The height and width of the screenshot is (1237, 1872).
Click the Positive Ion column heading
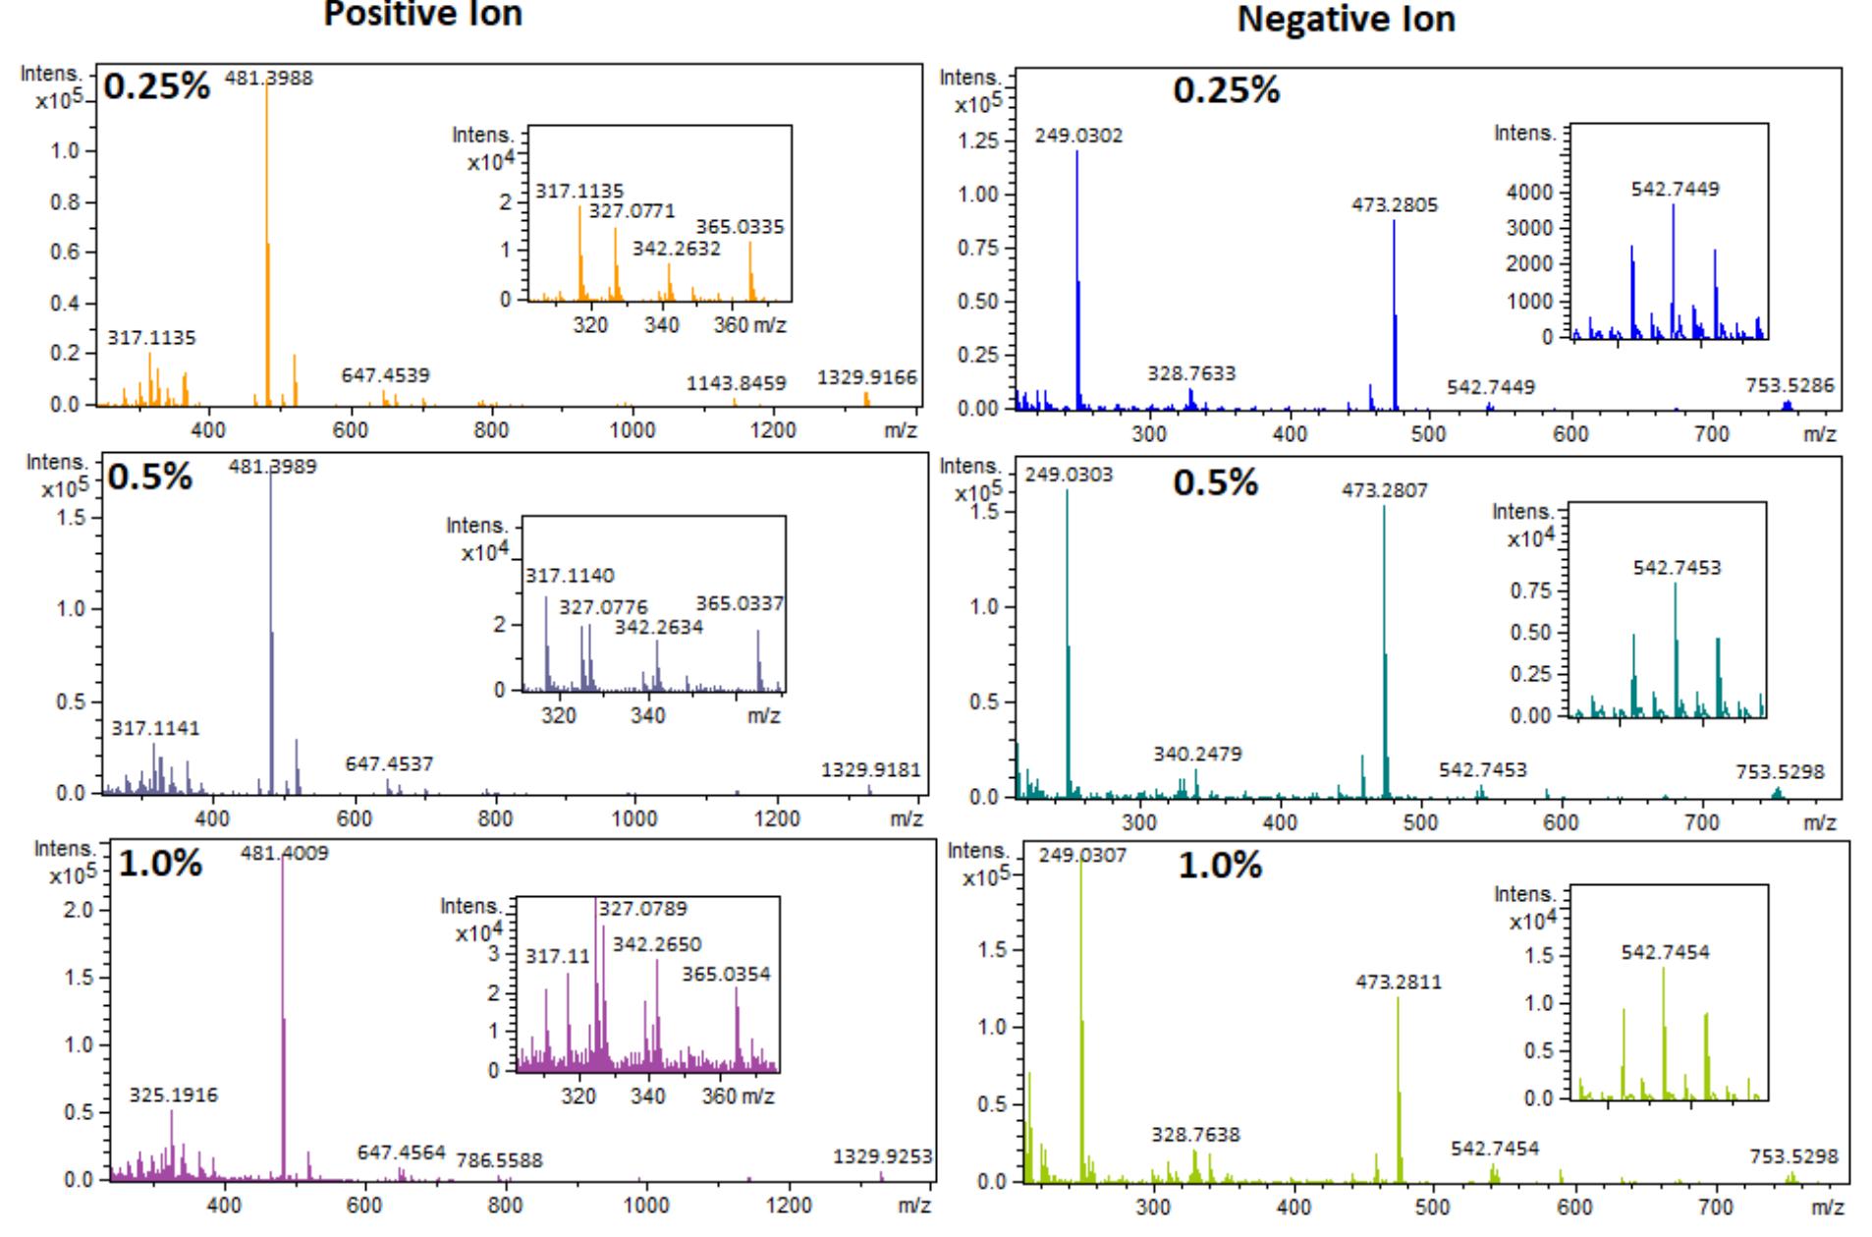[x=423, y=14]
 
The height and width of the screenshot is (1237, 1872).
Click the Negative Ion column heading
[x=1346, y=19]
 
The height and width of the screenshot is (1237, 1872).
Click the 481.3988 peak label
[x=269, y=79]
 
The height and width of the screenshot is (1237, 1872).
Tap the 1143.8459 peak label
[x=736, y=383]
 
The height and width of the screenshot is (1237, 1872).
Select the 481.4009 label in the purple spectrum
[x=285, y=853]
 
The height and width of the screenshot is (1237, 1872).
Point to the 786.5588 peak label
[x=499, y=1161]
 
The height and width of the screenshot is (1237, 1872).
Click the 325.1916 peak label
[x=174, y=1095]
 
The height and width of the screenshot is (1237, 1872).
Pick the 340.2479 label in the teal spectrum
[x=1197, y=754]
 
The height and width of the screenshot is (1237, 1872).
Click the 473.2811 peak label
[x=1399, y=982]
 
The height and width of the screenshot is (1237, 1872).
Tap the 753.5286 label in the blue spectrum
[x=1789, y=385]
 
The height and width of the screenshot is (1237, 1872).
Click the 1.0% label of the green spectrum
[x=1219, y=866]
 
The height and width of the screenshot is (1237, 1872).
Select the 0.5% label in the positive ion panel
[x=149, y=478]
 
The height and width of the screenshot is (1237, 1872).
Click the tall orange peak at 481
[x=267, y=246]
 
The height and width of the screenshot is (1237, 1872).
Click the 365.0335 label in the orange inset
[x=740, y=228]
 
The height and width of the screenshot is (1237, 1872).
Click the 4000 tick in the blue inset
[x=1529, y=192]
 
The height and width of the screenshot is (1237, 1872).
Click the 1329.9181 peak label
[x=871, y=769]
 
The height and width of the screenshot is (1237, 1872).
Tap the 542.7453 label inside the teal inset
[x=1677, y=568]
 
